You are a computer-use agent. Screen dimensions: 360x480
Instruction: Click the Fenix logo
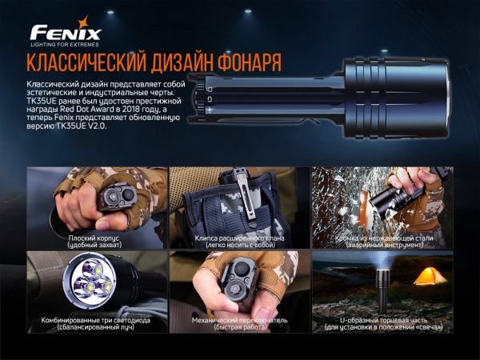pyautogui.click(x=66, y=33)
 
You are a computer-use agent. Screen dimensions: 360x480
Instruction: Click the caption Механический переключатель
pyautogui.click(x=240, y=320)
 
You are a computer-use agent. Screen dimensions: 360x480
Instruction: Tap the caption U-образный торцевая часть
pyautogui.click(x=382, y=320)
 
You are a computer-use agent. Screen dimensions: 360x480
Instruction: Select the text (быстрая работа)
pyautogui.click(x=240, y=328)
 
